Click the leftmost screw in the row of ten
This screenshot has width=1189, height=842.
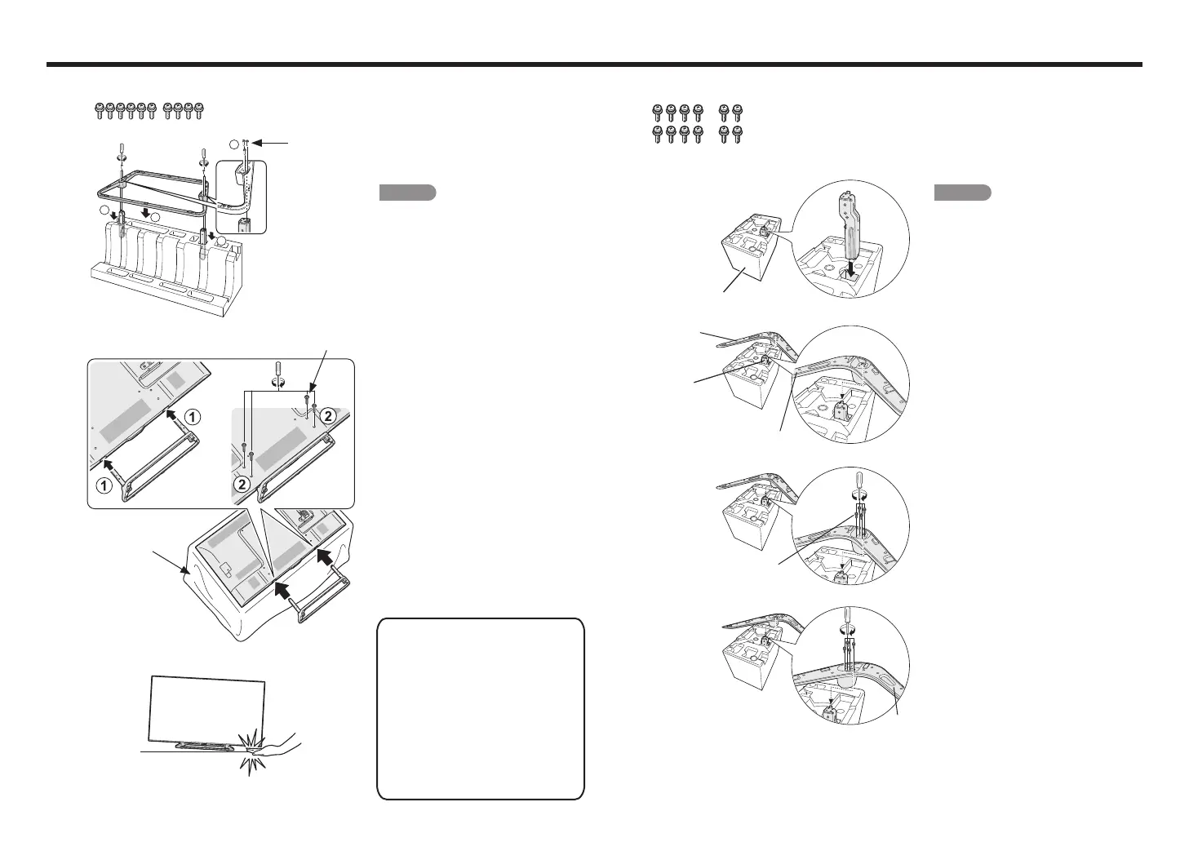coord(100,111)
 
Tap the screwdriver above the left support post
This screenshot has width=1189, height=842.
coord(122,150)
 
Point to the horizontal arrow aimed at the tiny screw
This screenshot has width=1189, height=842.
coord(272,143)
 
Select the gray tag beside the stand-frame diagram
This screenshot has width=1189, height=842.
coord(407,193)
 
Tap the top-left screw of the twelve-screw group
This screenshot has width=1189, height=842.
coord(658,113)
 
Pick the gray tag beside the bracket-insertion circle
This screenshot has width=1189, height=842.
coord(962,193)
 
